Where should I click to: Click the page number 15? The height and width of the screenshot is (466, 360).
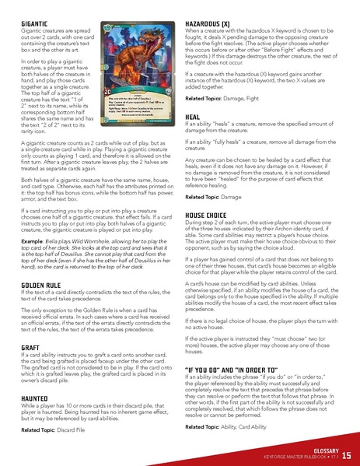pyautogui.click(x=346, y=454)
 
